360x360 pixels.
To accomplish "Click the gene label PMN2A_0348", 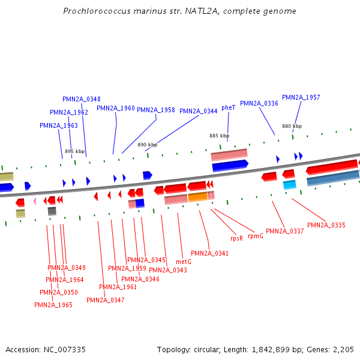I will tap(82, 99).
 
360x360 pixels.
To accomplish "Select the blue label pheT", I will tap(229, 107).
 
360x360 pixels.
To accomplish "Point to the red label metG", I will tap(184, 262).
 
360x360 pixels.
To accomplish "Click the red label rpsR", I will tap(237, 238).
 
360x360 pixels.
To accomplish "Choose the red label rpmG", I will tap(256, 236).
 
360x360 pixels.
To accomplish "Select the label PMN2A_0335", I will tap(326, 225).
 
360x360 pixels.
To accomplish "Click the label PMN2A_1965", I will tap(53, 305).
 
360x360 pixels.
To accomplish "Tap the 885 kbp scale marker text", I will tap(219, 136).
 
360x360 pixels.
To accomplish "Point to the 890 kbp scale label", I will tap(147, 145).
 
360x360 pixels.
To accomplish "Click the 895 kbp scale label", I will tap(75, 151).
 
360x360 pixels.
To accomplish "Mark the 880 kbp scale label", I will tap(292, 126).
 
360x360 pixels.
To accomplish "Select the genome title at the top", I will tap(179, 11).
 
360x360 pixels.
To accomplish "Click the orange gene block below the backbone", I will tap(197, 197).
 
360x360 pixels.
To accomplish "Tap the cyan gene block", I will tap(290, 184).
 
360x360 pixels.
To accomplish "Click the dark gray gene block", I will tap(52, 211).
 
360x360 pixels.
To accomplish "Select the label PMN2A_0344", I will tap(199, 111).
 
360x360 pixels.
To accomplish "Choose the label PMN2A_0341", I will tap(209, 253).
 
